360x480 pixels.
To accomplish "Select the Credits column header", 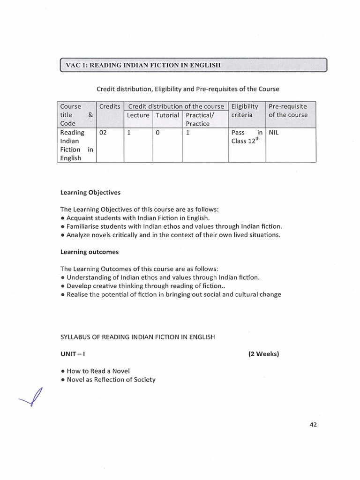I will pyautogui.click(x=109, y=106).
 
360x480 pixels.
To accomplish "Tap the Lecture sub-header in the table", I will pyautogui.click(x=138, y=115).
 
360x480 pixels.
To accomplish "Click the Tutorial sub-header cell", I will pyautogui.click(x=167, y=115).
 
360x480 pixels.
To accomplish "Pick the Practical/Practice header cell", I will pyautogui.click(x=199, y=120).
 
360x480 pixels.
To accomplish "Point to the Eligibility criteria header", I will pyautogui.click(x=245, y=111).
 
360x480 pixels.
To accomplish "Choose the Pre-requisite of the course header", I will pyautogui.click(x=288, y=111).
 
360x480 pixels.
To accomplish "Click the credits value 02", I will pyautogui.click(x=104, y=133).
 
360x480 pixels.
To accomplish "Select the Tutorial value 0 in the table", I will pyautogui.click(x=158, y=133).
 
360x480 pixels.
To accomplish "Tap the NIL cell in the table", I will pyautogui.click(x=275, y=133).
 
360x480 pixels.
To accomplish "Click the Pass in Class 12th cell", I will pyautogui.click(x=247, y=137).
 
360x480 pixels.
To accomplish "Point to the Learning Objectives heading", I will pyautogui.click(x=90, y=192).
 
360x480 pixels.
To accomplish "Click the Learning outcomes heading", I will pyautogui.click(x=89, y=252).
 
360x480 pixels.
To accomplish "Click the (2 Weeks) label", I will pyautogui.click(x=263, y=354).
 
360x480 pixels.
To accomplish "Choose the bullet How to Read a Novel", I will pyautogui.click(x=95, y=371).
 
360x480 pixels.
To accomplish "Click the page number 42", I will pyautogui.click(x=314, y=425).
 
